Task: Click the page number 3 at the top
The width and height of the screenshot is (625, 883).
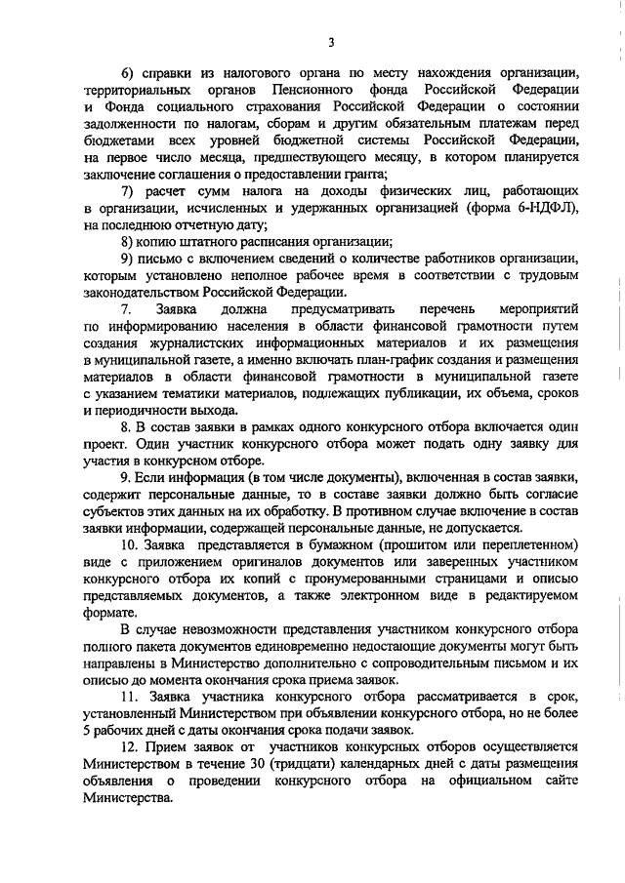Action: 330,42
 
